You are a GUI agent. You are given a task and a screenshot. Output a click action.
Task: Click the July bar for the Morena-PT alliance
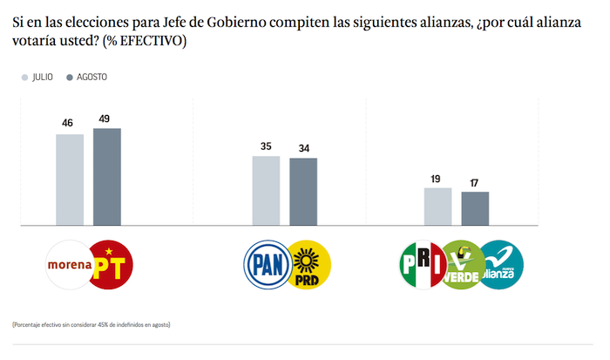70,180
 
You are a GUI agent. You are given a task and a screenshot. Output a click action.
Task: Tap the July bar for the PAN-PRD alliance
266,191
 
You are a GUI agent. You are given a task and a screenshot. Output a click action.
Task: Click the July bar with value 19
437,207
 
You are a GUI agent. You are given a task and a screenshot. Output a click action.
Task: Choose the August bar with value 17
475,208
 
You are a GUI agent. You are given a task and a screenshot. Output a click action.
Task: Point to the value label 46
67,123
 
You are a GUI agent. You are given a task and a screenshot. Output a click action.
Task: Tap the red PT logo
112,265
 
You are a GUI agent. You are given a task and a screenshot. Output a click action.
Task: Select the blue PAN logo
265,265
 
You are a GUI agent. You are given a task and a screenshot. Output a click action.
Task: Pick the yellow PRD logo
309,265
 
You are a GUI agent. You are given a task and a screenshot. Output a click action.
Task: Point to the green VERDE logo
462,265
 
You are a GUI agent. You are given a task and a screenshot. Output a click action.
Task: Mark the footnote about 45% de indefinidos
91,324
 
